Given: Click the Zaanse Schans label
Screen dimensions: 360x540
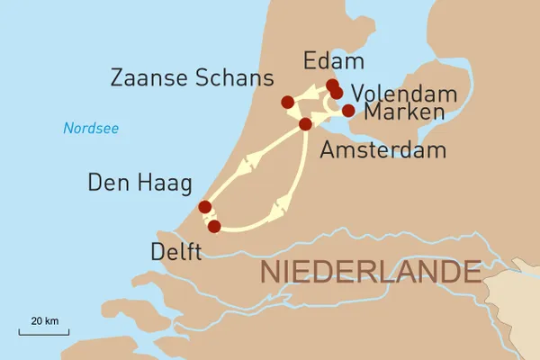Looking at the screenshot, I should pos(191,78).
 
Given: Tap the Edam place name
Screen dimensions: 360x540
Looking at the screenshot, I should pos(335,61).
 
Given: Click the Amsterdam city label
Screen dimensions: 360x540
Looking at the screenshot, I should pos(383,149).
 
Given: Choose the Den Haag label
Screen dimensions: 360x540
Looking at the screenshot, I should pos(139,184).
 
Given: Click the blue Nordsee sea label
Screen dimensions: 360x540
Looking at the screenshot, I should pos(91,129).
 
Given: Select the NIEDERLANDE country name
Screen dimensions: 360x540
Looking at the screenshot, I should pos(369,271).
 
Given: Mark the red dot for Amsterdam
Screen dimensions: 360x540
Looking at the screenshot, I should pos(305,123).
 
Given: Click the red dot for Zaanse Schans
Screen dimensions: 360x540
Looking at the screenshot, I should pos(287,102).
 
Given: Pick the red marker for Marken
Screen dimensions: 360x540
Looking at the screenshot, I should pos(348,111).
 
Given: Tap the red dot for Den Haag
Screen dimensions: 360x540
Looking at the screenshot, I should pos(205,207).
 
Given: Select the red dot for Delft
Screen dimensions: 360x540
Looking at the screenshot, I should pos(213,226).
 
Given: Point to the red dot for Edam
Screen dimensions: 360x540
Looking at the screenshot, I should pos(332,85).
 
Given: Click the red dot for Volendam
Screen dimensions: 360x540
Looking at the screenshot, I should pos(337,93).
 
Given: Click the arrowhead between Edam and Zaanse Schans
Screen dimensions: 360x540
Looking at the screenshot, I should pos(310,93).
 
